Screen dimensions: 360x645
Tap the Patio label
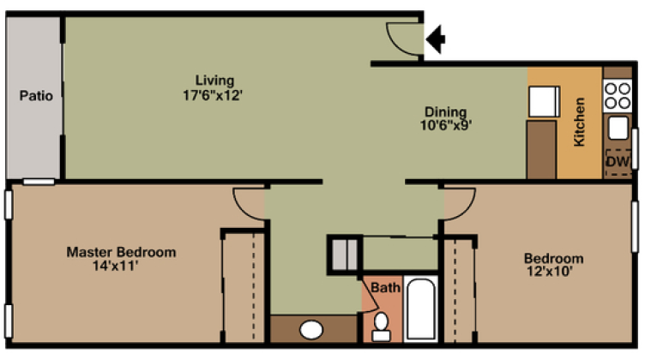click(36, 96)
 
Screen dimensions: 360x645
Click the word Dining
click(446, 111)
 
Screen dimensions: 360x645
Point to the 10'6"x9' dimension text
click(446, 124)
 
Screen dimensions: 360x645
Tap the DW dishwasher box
click(618, 160)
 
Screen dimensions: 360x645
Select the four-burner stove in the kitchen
click(617, 94)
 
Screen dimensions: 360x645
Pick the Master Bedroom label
click(122, 253)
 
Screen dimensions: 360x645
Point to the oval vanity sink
click(310, 330)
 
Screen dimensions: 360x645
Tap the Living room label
click(214, 80)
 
